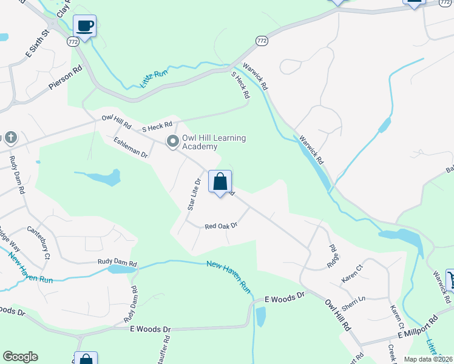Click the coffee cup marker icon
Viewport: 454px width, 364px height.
pyautogui.click(x=85, y=26)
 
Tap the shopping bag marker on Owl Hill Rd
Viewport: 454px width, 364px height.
pyautogui.click(x=220, y=181)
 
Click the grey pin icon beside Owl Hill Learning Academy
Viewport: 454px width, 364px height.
pyautogui.click(x=173, y=141)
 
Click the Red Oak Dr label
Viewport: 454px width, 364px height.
pyautogui.click(x=220, y=226)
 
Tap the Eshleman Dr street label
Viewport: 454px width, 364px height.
pyautogui.click(x=130, y=147)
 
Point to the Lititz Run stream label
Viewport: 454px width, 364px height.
pyautogui.click(x=153, y=79)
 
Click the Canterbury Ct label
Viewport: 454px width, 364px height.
pyautogui.click(x=38, y=242)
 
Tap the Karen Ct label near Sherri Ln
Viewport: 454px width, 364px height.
pyautogui.click(x=351, y=272)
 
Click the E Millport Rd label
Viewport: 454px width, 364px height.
pyautogui.click(x=418, y=327)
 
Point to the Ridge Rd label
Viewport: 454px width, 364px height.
pyautogui.click(x=333, y=257)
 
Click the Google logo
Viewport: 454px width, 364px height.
pyautogui.click(x=20, y=357)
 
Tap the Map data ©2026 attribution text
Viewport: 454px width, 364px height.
pyautogui.click(x=429, y=359)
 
